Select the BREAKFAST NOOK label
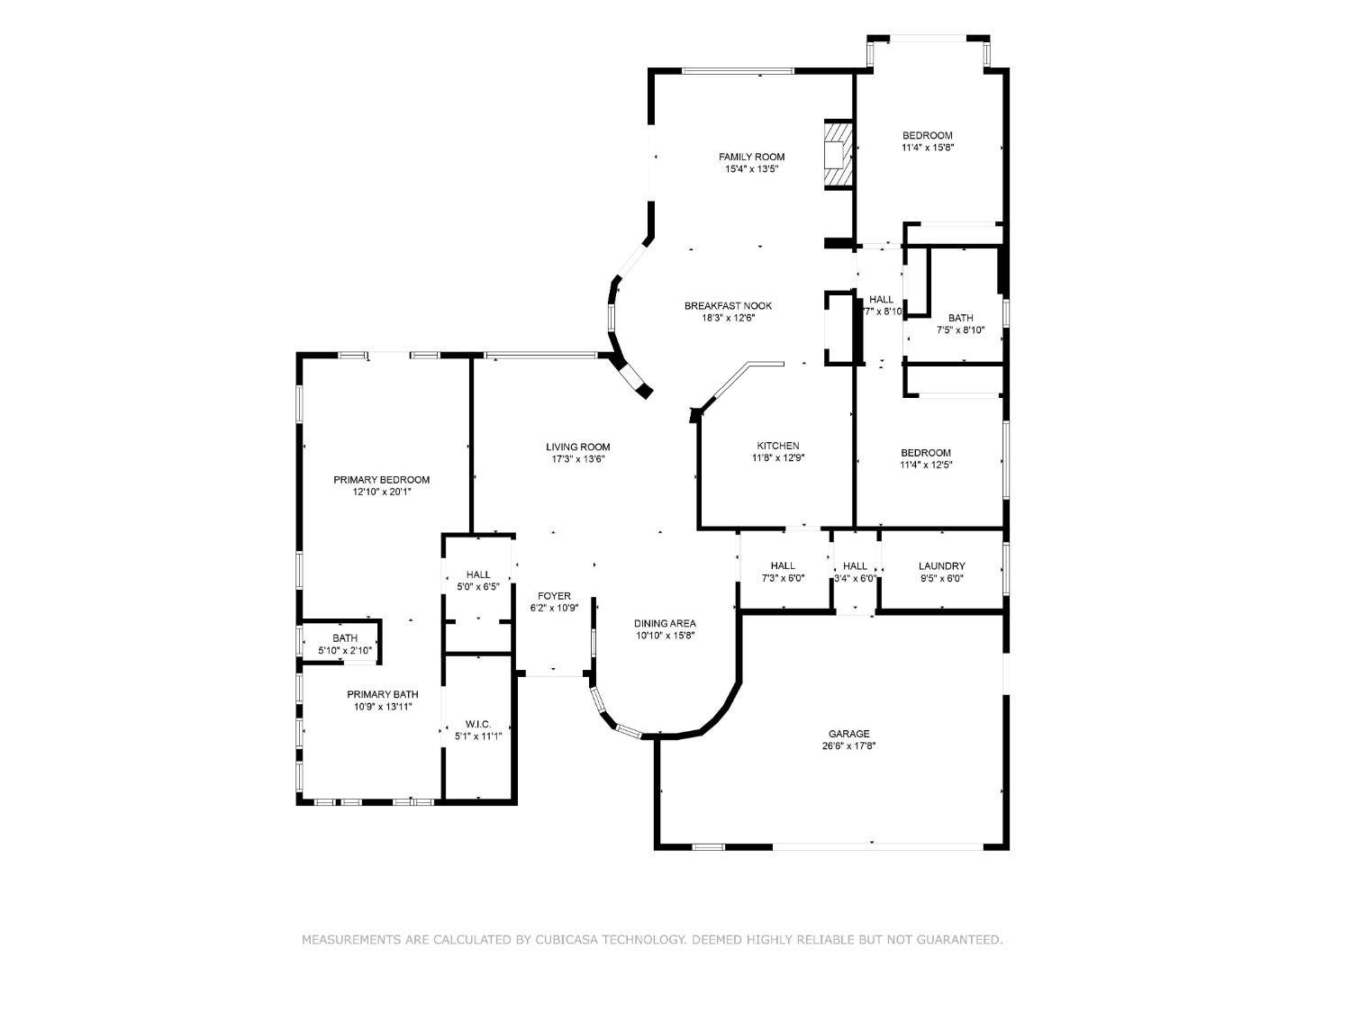tap(728, 305)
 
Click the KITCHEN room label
tap(777, 446)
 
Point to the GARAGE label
tap(849, 734)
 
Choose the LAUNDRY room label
tap(941, 566)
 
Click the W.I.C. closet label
tap(478, 724)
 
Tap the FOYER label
tap(554, 596)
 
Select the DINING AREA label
tap(665, 623)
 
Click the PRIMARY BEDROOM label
tap(381, 480)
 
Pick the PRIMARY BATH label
tap(383, 694)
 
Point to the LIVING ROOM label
tap(577, 447)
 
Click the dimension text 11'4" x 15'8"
tap(927, 148)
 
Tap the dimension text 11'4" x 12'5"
tap(926, 465)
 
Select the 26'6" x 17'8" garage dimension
tap(849, 746)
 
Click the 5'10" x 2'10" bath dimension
tap(344, 650)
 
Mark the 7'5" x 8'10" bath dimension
tap(960, 330)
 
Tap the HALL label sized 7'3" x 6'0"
tap(783, 565)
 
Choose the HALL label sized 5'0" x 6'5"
tap(478, 574)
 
